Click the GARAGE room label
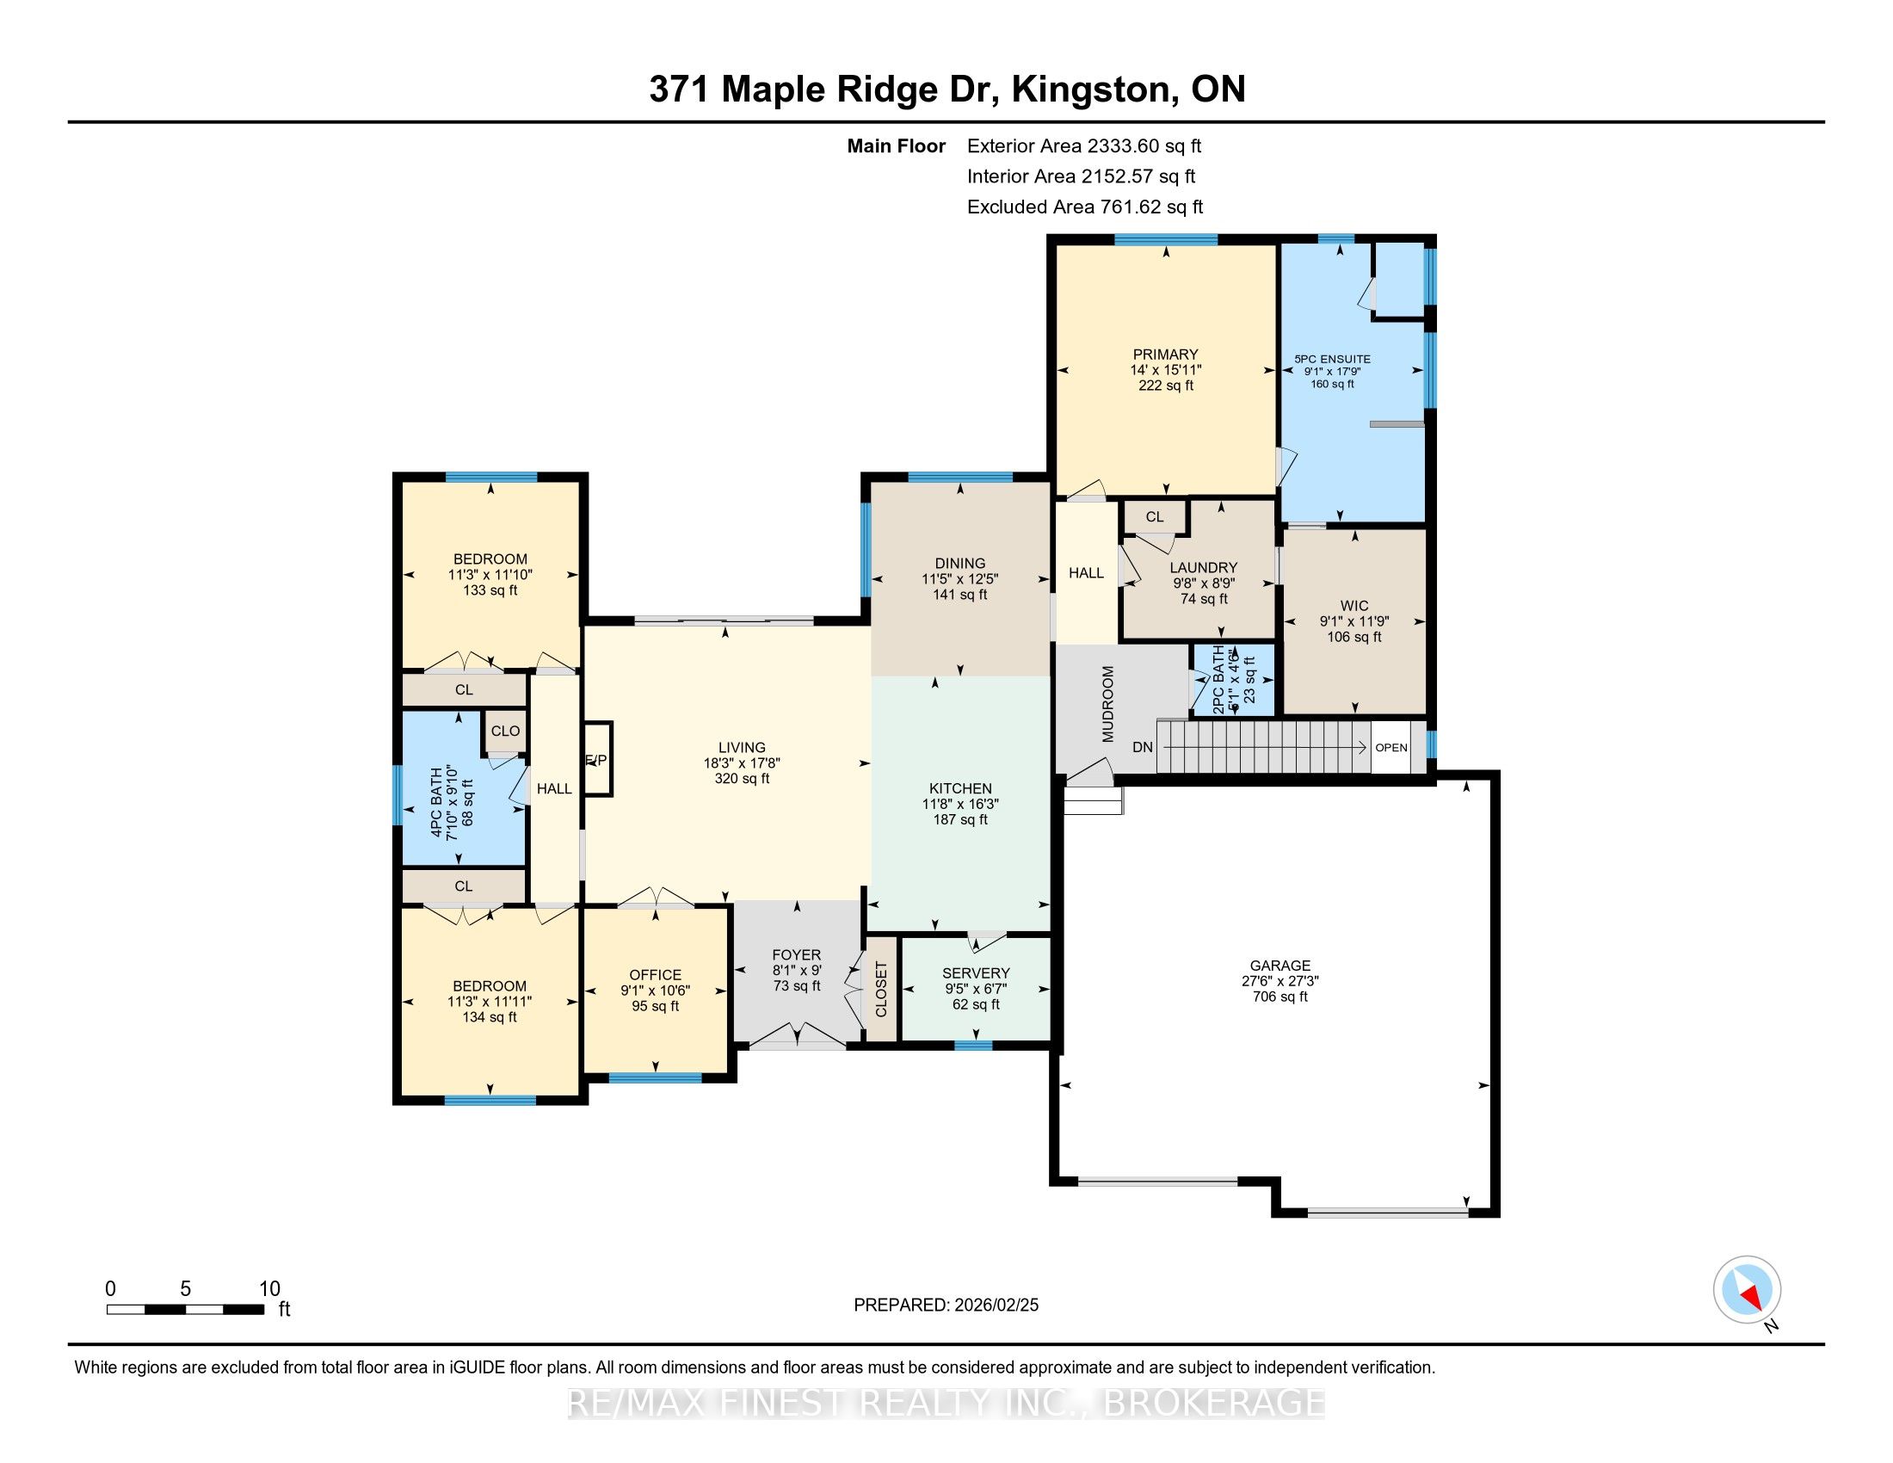tap(1279, 965)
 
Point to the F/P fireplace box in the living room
tap(598, 759)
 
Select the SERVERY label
tap(976, 972)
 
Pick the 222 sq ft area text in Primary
tap(1166, 385)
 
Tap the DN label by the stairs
tap(1143, 747)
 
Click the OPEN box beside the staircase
tap(1391, 747)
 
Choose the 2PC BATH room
tap(1233, 680)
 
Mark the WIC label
tap(1353, 606)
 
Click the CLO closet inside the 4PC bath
tap(505, 731)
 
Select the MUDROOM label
tap(1107, 704)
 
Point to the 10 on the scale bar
tap(269, 1289)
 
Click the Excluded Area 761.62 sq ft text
tap(1085, 207)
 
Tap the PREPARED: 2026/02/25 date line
tap(946, 1306)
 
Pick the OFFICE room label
tap(656, 975)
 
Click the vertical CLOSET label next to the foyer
tap(881, 990)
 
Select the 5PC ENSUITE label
tap(1332, 359)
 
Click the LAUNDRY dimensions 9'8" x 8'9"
tap(1203, 583)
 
